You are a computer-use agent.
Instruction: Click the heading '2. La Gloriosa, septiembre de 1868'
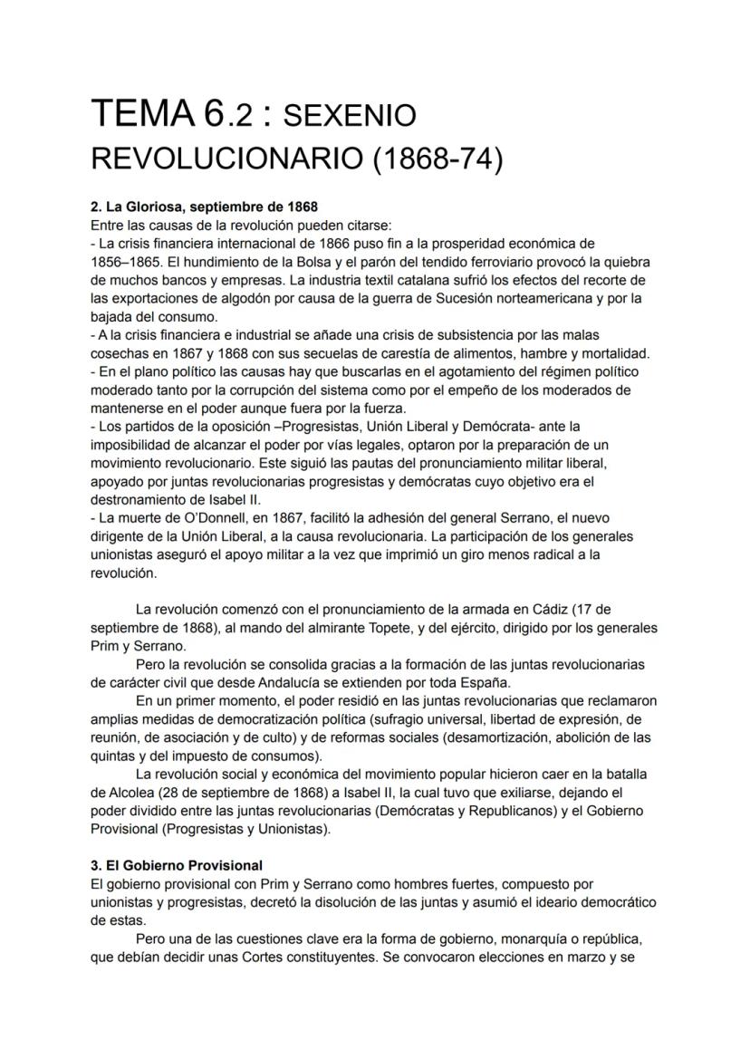tap(205, 207)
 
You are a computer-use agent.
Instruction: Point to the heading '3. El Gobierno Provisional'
tap(178, 865)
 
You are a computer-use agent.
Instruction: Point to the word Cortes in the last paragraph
tap(291, 957)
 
